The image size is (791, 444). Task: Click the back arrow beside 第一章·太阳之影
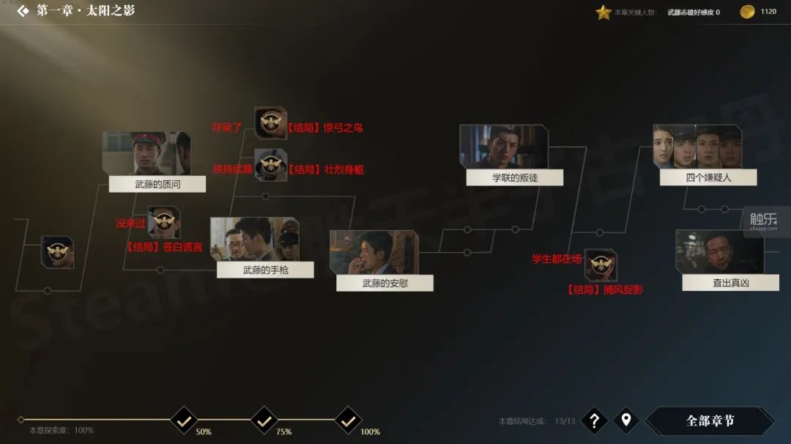pyautogui.click(x=23, y=11)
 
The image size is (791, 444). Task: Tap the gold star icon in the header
pyautogui.click(x=603, y=12)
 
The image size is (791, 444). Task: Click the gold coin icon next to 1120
pyautogui.click(x=747, y=12)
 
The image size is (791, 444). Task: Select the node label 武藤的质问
pyautogui.click(x=157, y=184)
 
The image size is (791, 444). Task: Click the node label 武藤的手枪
pyautogui.click(x=265, y=270)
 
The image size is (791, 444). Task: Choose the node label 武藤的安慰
pyautogui.click(x=385, y=283)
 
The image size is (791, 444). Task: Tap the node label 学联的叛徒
pyautogui.click(x=515, y=177)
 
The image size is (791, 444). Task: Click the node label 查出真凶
pyautogui.click(x=730, y=282)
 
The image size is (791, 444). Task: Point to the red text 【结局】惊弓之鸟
pyautogui.click(x=324, y=127)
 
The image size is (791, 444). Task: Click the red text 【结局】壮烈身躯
pyautogui.click(x=325, y=169)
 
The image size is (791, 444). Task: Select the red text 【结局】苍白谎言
pyautogui.click(x=164, y=246)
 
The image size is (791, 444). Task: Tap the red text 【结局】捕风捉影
pyautogui.click(x=605, y=289)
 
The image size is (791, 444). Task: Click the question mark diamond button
pyautogui.click(x=594, y=421)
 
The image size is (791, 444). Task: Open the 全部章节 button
pyautogui.click(x=710, y=421)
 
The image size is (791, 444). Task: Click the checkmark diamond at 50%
pyautogui.click(x=184, y=421)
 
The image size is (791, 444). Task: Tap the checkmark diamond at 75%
pyautogui.click(x=264, y=421)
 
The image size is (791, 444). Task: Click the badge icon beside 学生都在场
pyautogui.click(x=601, y=264)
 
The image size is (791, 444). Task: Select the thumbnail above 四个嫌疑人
pyautogui.click(x=697, y=147)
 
